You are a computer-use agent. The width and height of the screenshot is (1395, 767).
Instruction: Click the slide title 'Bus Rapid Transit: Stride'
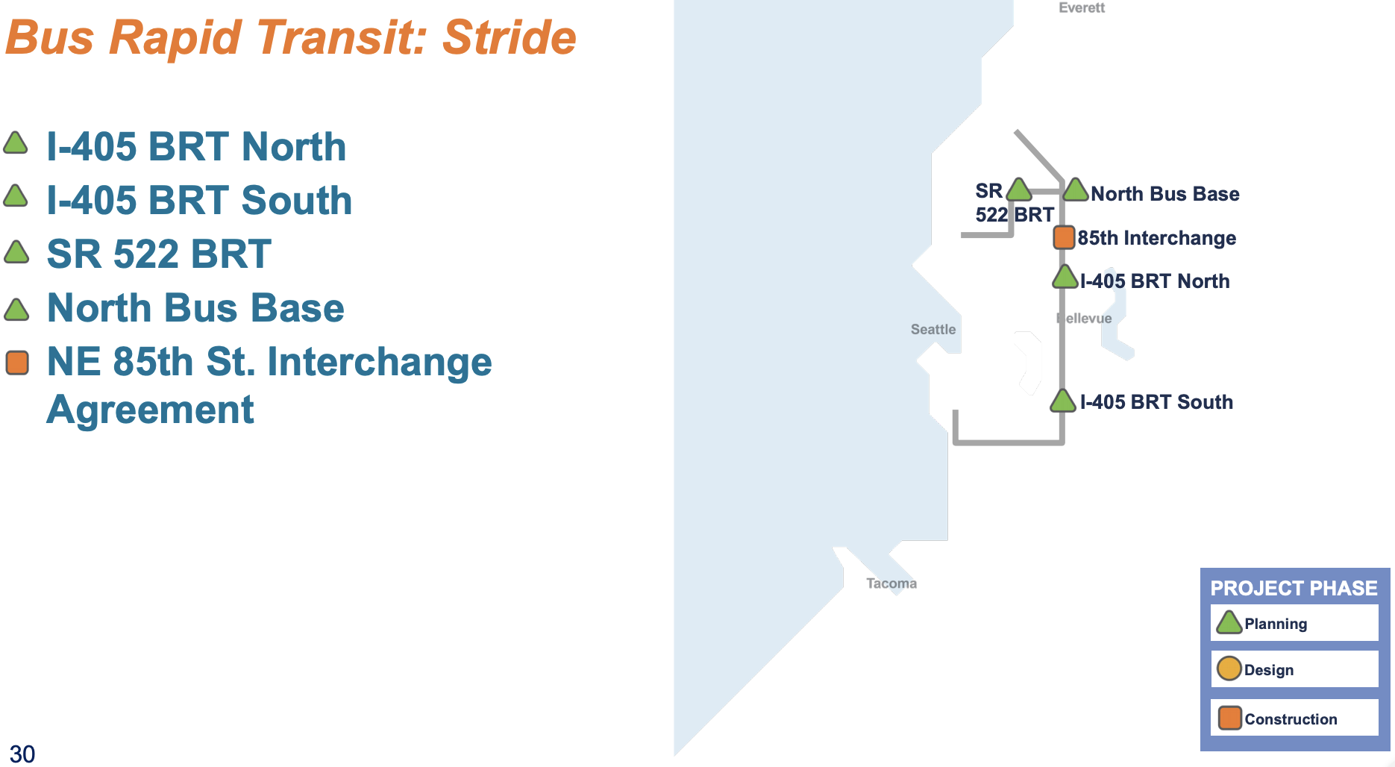coord(291,37)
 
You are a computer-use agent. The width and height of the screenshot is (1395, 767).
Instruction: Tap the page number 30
coord(22,754)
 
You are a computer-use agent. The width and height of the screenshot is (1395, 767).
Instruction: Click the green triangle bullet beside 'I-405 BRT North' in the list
coord(16,143)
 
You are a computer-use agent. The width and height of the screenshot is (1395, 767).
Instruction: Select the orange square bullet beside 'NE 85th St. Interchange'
coord(17,363)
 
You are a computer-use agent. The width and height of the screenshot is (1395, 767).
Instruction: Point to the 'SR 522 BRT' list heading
coord(159,254)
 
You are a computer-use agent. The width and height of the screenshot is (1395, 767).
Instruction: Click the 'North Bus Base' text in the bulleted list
coord(195,307)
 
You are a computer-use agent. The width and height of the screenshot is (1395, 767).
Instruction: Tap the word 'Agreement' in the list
coord(150,410)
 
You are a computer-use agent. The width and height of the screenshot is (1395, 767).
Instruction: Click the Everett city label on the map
coord(1082,7)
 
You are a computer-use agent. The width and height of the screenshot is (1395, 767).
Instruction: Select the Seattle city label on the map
coord(932,329)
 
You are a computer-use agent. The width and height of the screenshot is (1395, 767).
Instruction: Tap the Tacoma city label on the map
coord(891,583)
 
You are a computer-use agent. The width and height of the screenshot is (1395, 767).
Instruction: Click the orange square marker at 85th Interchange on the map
coord(1064,237)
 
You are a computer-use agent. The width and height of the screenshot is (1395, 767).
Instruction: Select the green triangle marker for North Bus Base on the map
coord(1075,190)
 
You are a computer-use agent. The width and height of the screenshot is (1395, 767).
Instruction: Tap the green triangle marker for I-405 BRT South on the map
coord(1062,401)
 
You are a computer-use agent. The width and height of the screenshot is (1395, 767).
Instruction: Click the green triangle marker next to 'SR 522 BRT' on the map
coord(1019,190)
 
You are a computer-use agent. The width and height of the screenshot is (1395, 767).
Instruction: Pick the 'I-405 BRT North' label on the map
coord(1155,281)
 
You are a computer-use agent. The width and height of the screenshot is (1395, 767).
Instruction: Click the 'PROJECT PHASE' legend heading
coord(1294,588)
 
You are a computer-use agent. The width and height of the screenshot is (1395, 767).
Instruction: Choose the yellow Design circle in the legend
coord(1229,669)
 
